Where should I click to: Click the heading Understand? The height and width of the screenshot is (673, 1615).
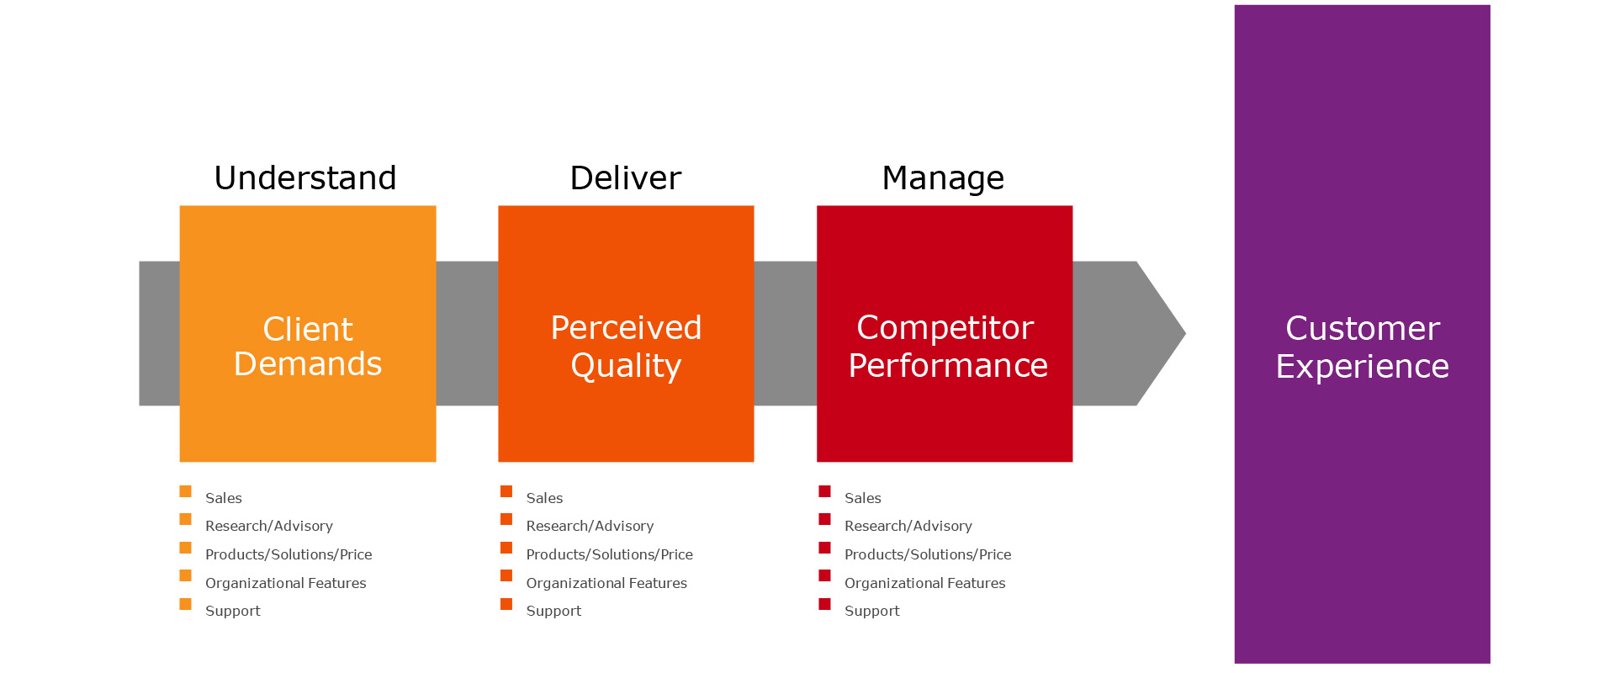pyautogui.click(x=305, y=178)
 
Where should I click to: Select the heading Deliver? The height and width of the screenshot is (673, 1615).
pyautogui.click(x=626, y=178)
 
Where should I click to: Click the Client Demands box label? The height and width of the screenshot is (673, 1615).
pyautogui.click(x=308, y=346)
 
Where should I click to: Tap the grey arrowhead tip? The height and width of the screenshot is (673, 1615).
pyautogui.click(x=1185, y=333)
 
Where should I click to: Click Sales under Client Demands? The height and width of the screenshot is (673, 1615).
pyautogui.click(x=224, y=498)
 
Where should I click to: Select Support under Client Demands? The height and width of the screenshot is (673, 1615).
pyautogui.click(x=233, y=612)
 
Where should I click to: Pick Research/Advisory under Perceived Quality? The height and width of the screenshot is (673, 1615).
pyautogui.click(x=590, y=526)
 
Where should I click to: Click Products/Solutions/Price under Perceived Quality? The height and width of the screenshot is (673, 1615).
pyautogui.click(x=610, y=554)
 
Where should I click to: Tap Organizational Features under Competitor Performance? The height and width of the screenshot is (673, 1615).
pyautogui.click(x=925, y=583)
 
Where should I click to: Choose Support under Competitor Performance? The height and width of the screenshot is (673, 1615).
pyautogui.click(x=872, y=612)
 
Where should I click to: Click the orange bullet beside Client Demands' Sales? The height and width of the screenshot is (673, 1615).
pyautogui.click(x=185, y=491)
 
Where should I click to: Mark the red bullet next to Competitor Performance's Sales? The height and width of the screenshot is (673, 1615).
pyautogui.click(x=824, y=491)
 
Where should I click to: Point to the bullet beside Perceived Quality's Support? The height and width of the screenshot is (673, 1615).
pyautogui.click(x=506, y=604)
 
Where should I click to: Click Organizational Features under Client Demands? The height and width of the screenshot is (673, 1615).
pyautogui.click(x=286, y=583)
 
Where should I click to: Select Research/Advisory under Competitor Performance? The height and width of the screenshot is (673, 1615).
pyautogui.click(x=908, y=526)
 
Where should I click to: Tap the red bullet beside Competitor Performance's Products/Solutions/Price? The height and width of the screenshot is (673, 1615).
pyautogui.click(x=824, y=548)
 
